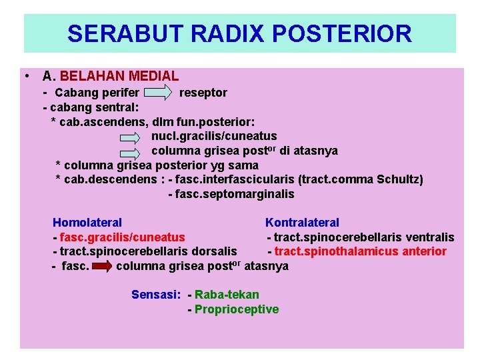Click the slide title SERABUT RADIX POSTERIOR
239,33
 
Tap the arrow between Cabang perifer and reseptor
158,93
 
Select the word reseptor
203,93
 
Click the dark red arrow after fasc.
101,267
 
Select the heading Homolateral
87,223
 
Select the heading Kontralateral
302,223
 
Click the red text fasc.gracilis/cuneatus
122,237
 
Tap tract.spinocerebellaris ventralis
364,237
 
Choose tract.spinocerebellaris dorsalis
148,251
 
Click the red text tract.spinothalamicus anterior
361,251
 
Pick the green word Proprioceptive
237,309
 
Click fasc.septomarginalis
234,195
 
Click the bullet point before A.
25,75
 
